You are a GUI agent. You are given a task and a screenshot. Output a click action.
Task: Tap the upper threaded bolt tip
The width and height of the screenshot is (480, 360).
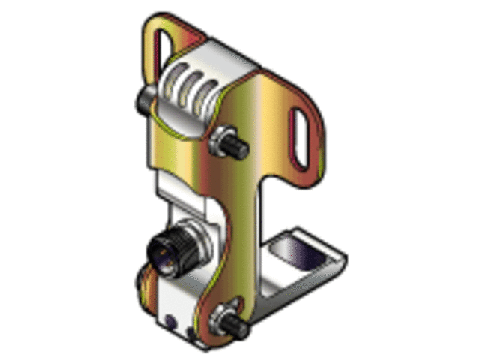coord(241,150)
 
